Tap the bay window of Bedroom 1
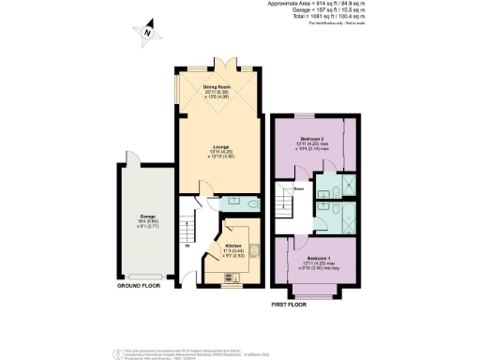coord(309,297)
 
